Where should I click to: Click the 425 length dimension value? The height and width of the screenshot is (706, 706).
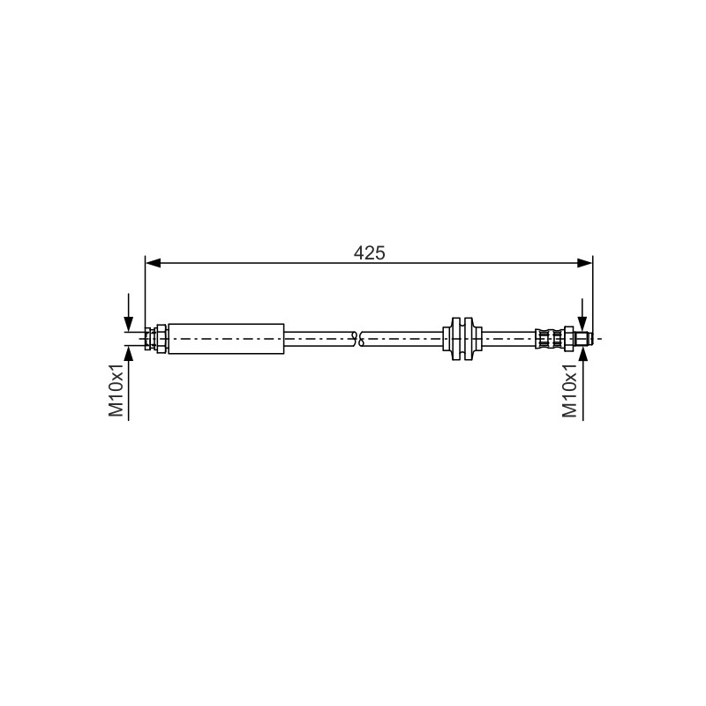click(x=369, y=253)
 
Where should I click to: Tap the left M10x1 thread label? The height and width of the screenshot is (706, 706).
click(x=116, y=390)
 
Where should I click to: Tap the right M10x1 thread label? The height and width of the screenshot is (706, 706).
click(x=570, y=390)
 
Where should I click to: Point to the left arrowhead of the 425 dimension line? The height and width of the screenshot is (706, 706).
click(x=153, y=263)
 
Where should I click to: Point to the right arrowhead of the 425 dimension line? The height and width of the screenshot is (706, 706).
click(x=585, y=263)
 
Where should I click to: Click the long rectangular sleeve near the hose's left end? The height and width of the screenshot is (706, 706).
click(x=226, y=339)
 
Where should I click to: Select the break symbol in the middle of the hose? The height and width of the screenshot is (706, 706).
click(x=360, y=339)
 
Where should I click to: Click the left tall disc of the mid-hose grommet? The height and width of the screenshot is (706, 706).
click(x=455, y=339)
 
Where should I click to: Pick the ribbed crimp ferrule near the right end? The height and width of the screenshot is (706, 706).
click(x=549, y=339)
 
